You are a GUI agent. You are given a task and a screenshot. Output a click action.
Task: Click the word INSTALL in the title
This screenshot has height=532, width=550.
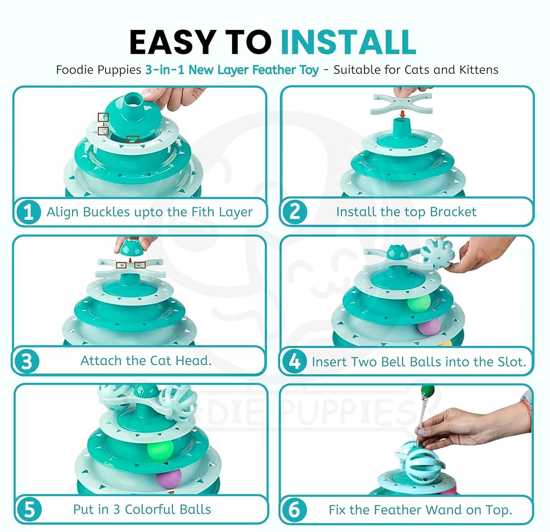tap(348, 42)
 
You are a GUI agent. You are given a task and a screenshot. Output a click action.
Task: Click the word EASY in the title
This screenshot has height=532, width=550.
tap(172, 42)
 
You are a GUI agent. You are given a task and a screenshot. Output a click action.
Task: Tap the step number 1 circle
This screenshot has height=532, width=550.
tap(28, 212)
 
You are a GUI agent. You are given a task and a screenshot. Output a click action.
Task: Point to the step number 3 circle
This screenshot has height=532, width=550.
tap(26, 361)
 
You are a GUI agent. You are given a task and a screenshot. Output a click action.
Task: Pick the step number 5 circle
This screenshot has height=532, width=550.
tap(29, 510)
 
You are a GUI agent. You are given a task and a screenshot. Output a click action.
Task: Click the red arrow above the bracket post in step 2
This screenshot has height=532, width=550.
tap(402, 114)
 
